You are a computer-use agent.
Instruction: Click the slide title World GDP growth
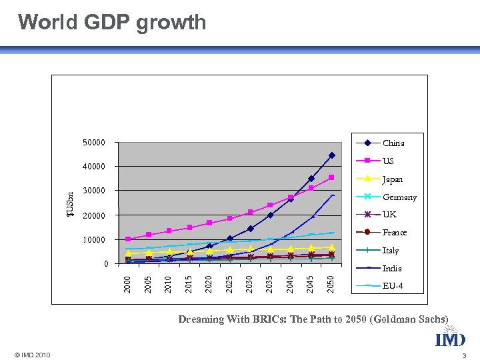click(x=112, y=22)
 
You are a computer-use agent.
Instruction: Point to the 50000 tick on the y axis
click(x=93, y=143)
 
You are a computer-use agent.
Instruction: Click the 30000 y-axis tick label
click(x=93, y=191)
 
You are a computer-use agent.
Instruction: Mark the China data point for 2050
click(x=331, y=155)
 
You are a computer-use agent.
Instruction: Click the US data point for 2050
click(x=331, y=177)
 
